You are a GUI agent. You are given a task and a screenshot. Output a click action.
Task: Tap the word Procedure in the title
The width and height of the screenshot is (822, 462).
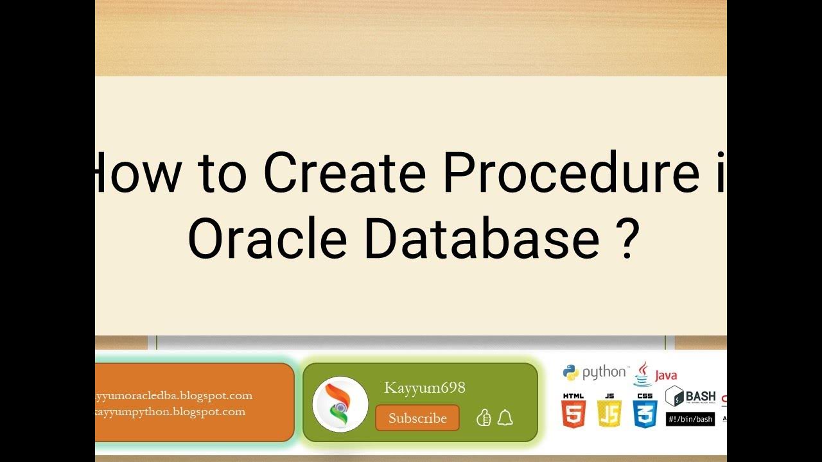[572, 173]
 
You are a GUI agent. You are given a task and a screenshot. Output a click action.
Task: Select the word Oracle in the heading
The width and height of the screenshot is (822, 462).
[267, 238]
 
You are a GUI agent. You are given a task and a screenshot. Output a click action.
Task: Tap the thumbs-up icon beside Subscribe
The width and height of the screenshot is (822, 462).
[484, 418]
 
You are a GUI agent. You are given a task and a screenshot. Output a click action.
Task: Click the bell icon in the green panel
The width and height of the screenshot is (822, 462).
[505, 418]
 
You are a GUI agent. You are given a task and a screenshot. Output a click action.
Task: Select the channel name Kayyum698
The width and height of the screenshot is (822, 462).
[424, 388]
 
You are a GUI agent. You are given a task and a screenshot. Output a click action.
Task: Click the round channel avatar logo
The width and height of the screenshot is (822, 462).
[340, 404]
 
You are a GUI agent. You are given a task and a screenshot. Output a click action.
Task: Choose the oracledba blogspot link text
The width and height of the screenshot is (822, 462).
[173, 395]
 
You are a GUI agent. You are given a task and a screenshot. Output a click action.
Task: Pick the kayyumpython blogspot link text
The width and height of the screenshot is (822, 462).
[170, 411]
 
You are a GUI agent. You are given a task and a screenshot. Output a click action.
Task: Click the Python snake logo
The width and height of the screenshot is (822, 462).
[571, 372]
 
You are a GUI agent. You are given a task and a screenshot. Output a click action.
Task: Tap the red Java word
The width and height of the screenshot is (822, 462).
[666, 375]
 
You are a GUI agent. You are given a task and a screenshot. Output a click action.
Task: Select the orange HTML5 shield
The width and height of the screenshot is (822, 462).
[573, 411]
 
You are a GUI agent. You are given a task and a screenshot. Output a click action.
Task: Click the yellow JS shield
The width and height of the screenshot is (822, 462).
[609, 411]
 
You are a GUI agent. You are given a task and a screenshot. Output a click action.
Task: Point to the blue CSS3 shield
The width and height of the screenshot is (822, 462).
[645, 411]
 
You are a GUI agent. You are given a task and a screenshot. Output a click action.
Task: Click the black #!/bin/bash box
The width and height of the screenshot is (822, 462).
[690, 419]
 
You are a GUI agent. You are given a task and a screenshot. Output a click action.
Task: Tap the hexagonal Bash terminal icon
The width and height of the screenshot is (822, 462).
[674, 396]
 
